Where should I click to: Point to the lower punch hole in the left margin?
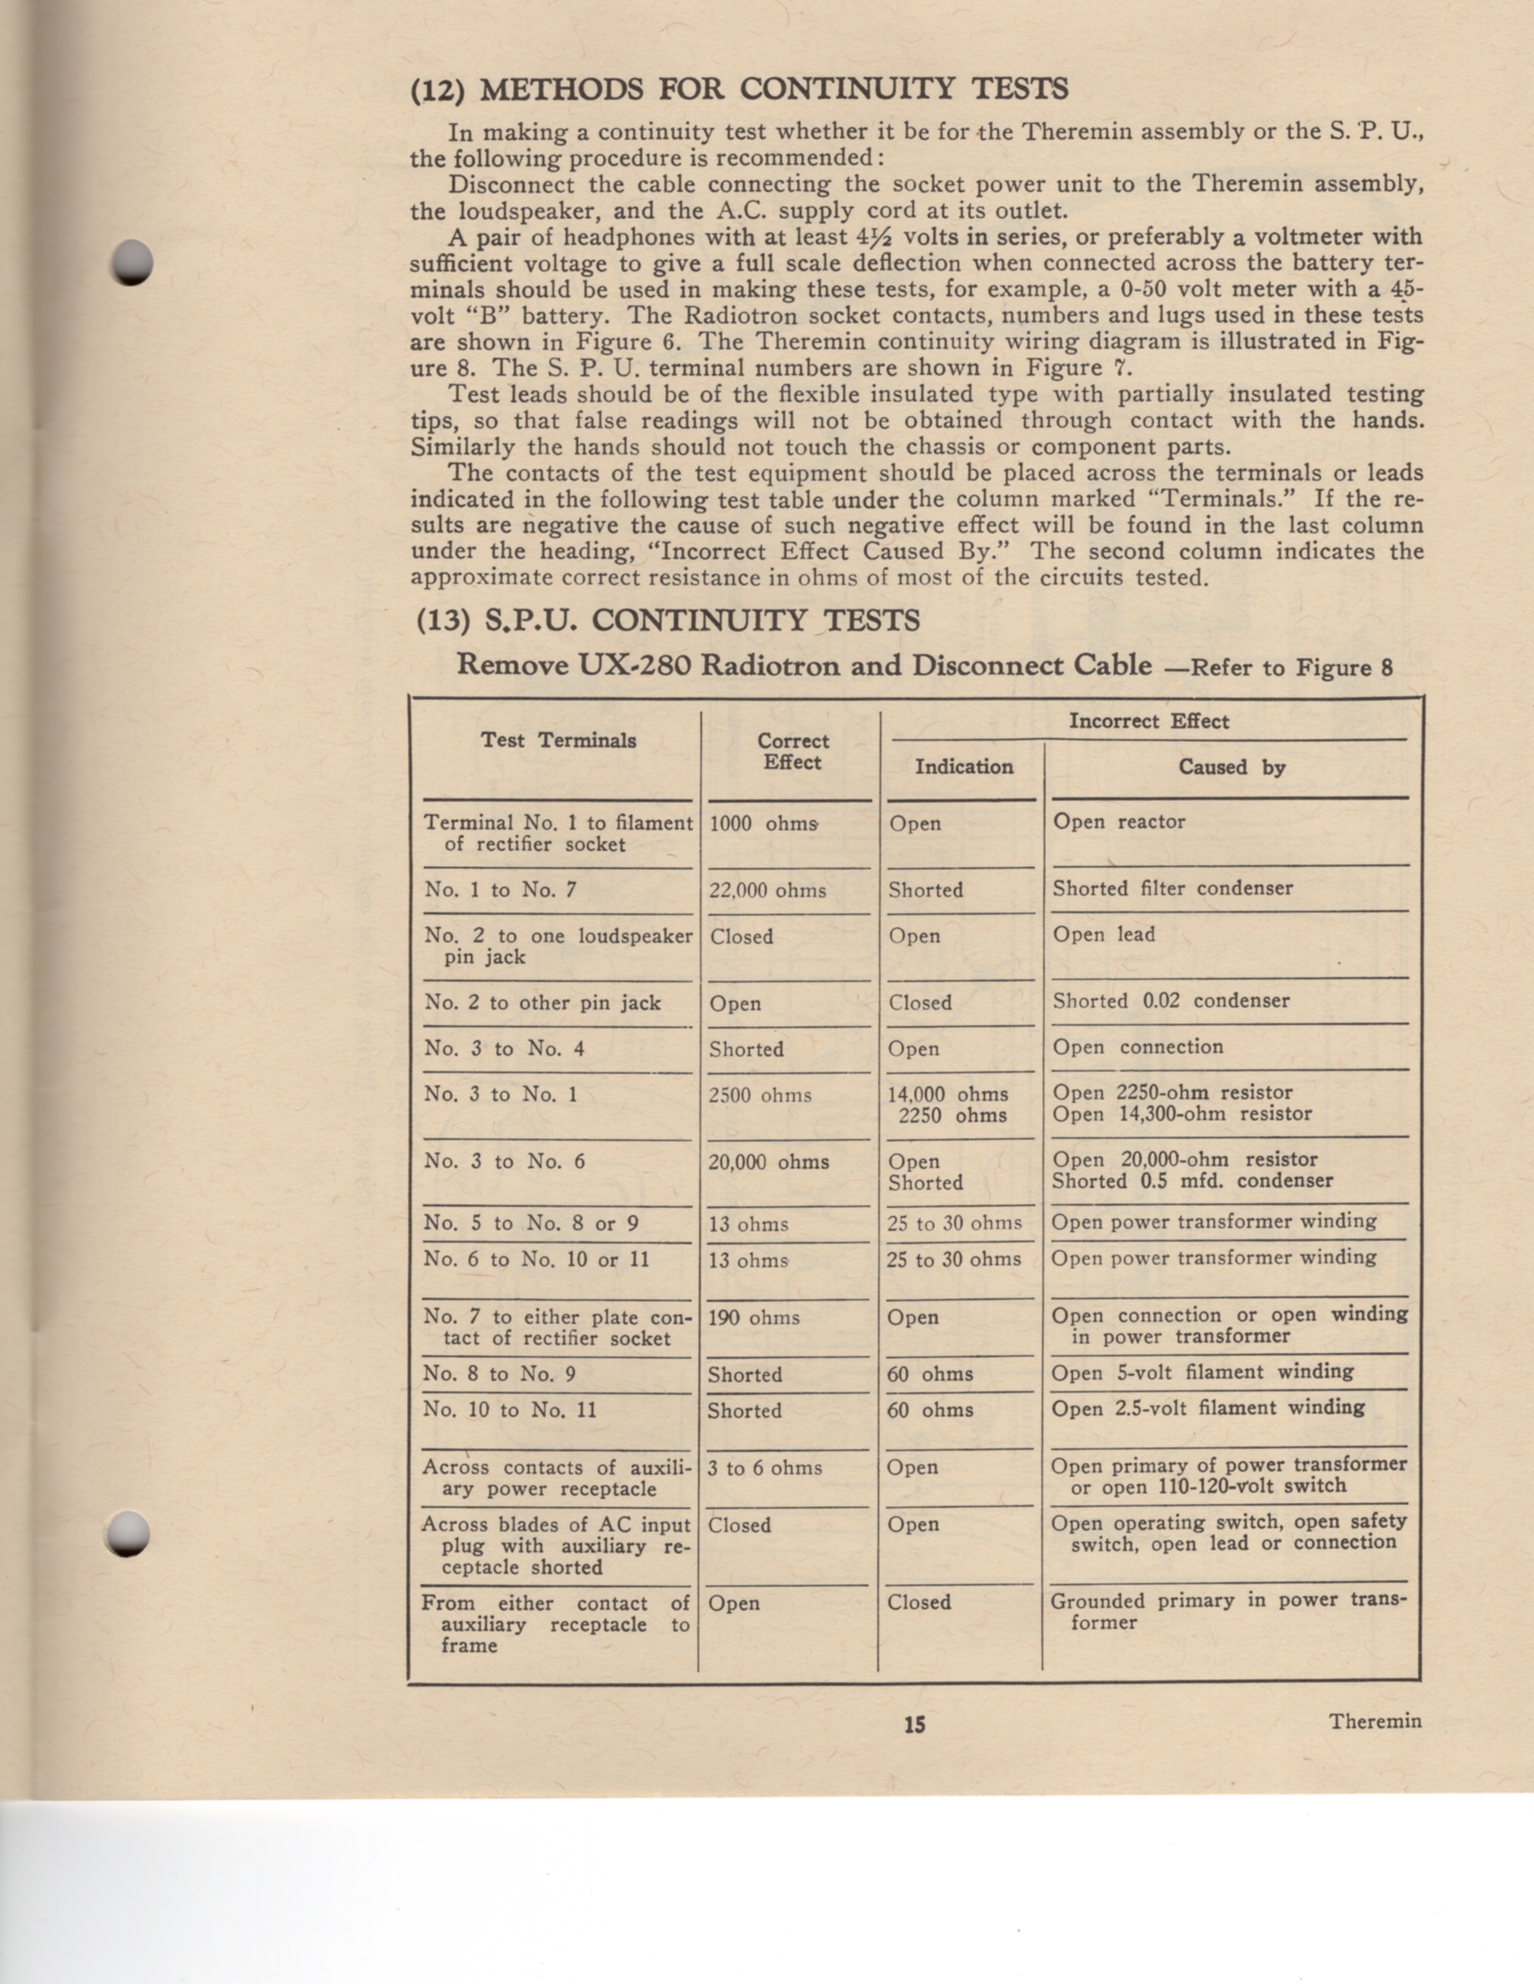[126, 1534]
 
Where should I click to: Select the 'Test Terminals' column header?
[558, 740]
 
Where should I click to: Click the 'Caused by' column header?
[1231, 768]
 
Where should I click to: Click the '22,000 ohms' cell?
[767, 891]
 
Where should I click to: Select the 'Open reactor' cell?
[1119, 822]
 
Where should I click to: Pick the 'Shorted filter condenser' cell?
[1172, 889]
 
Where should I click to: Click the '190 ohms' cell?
[753, 1318]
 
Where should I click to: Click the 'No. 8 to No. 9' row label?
[499, 1374]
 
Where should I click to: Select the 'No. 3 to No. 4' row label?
[504, 1049]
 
